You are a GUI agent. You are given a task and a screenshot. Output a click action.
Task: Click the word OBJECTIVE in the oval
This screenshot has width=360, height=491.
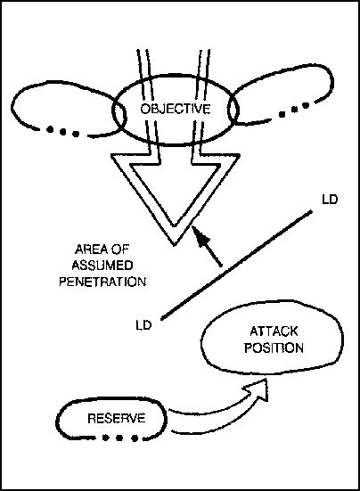176,109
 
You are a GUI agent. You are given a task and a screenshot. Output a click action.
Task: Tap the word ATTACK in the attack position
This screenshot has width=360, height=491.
274,331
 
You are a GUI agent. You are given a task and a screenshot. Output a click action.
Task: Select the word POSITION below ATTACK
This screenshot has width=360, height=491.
274,348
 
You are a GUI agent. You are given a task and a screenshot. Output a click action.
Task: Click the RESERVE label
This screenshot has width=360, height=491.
117,418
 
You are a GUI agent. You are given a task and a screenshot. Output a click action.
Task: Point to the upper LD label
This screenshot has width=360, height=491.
330,200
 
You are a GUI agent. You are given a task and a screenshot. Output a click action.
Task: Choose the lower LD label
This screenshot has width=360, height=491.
143,324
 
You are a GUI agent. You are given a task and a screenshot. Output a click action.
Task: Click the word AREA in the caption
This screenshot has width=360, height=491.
88,250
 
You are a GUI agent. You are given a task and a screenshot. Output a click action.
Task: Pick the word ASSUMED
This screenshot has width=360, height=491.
102,266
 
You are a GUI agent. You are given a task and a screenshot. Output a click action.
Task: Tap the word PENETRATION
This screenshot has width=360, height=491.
102,282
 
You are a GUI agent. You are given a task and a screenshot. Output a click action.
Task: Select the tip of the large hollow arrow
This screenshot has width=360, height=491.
175,245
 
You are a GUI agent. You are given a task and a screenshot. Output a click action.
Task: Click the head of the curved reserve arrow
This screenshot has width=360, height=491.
257,389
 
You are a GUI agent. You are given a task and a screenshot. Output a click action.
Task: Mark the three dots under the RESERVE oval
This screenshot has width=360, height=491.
119,438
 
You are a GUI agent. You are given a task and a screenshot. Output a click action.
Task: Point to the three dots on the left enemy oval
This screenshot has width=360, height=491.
62,132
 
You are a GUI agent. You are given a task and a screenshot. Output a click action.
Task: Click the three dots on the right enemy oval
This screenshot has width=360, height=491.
293,110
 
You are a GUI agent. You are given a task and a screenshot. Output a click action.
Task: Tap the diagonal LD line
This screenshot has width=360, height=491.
236,266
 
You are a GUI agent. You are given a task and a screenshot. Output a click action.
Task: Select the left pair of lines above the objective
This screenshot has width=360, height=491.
145,74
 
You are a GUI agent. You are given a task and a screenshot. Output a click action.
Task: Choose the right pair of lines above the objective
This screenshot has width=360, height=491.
203,74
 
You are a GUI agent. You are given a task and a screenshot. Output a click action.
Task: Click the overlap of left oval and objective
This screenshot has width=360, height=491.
119,115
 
